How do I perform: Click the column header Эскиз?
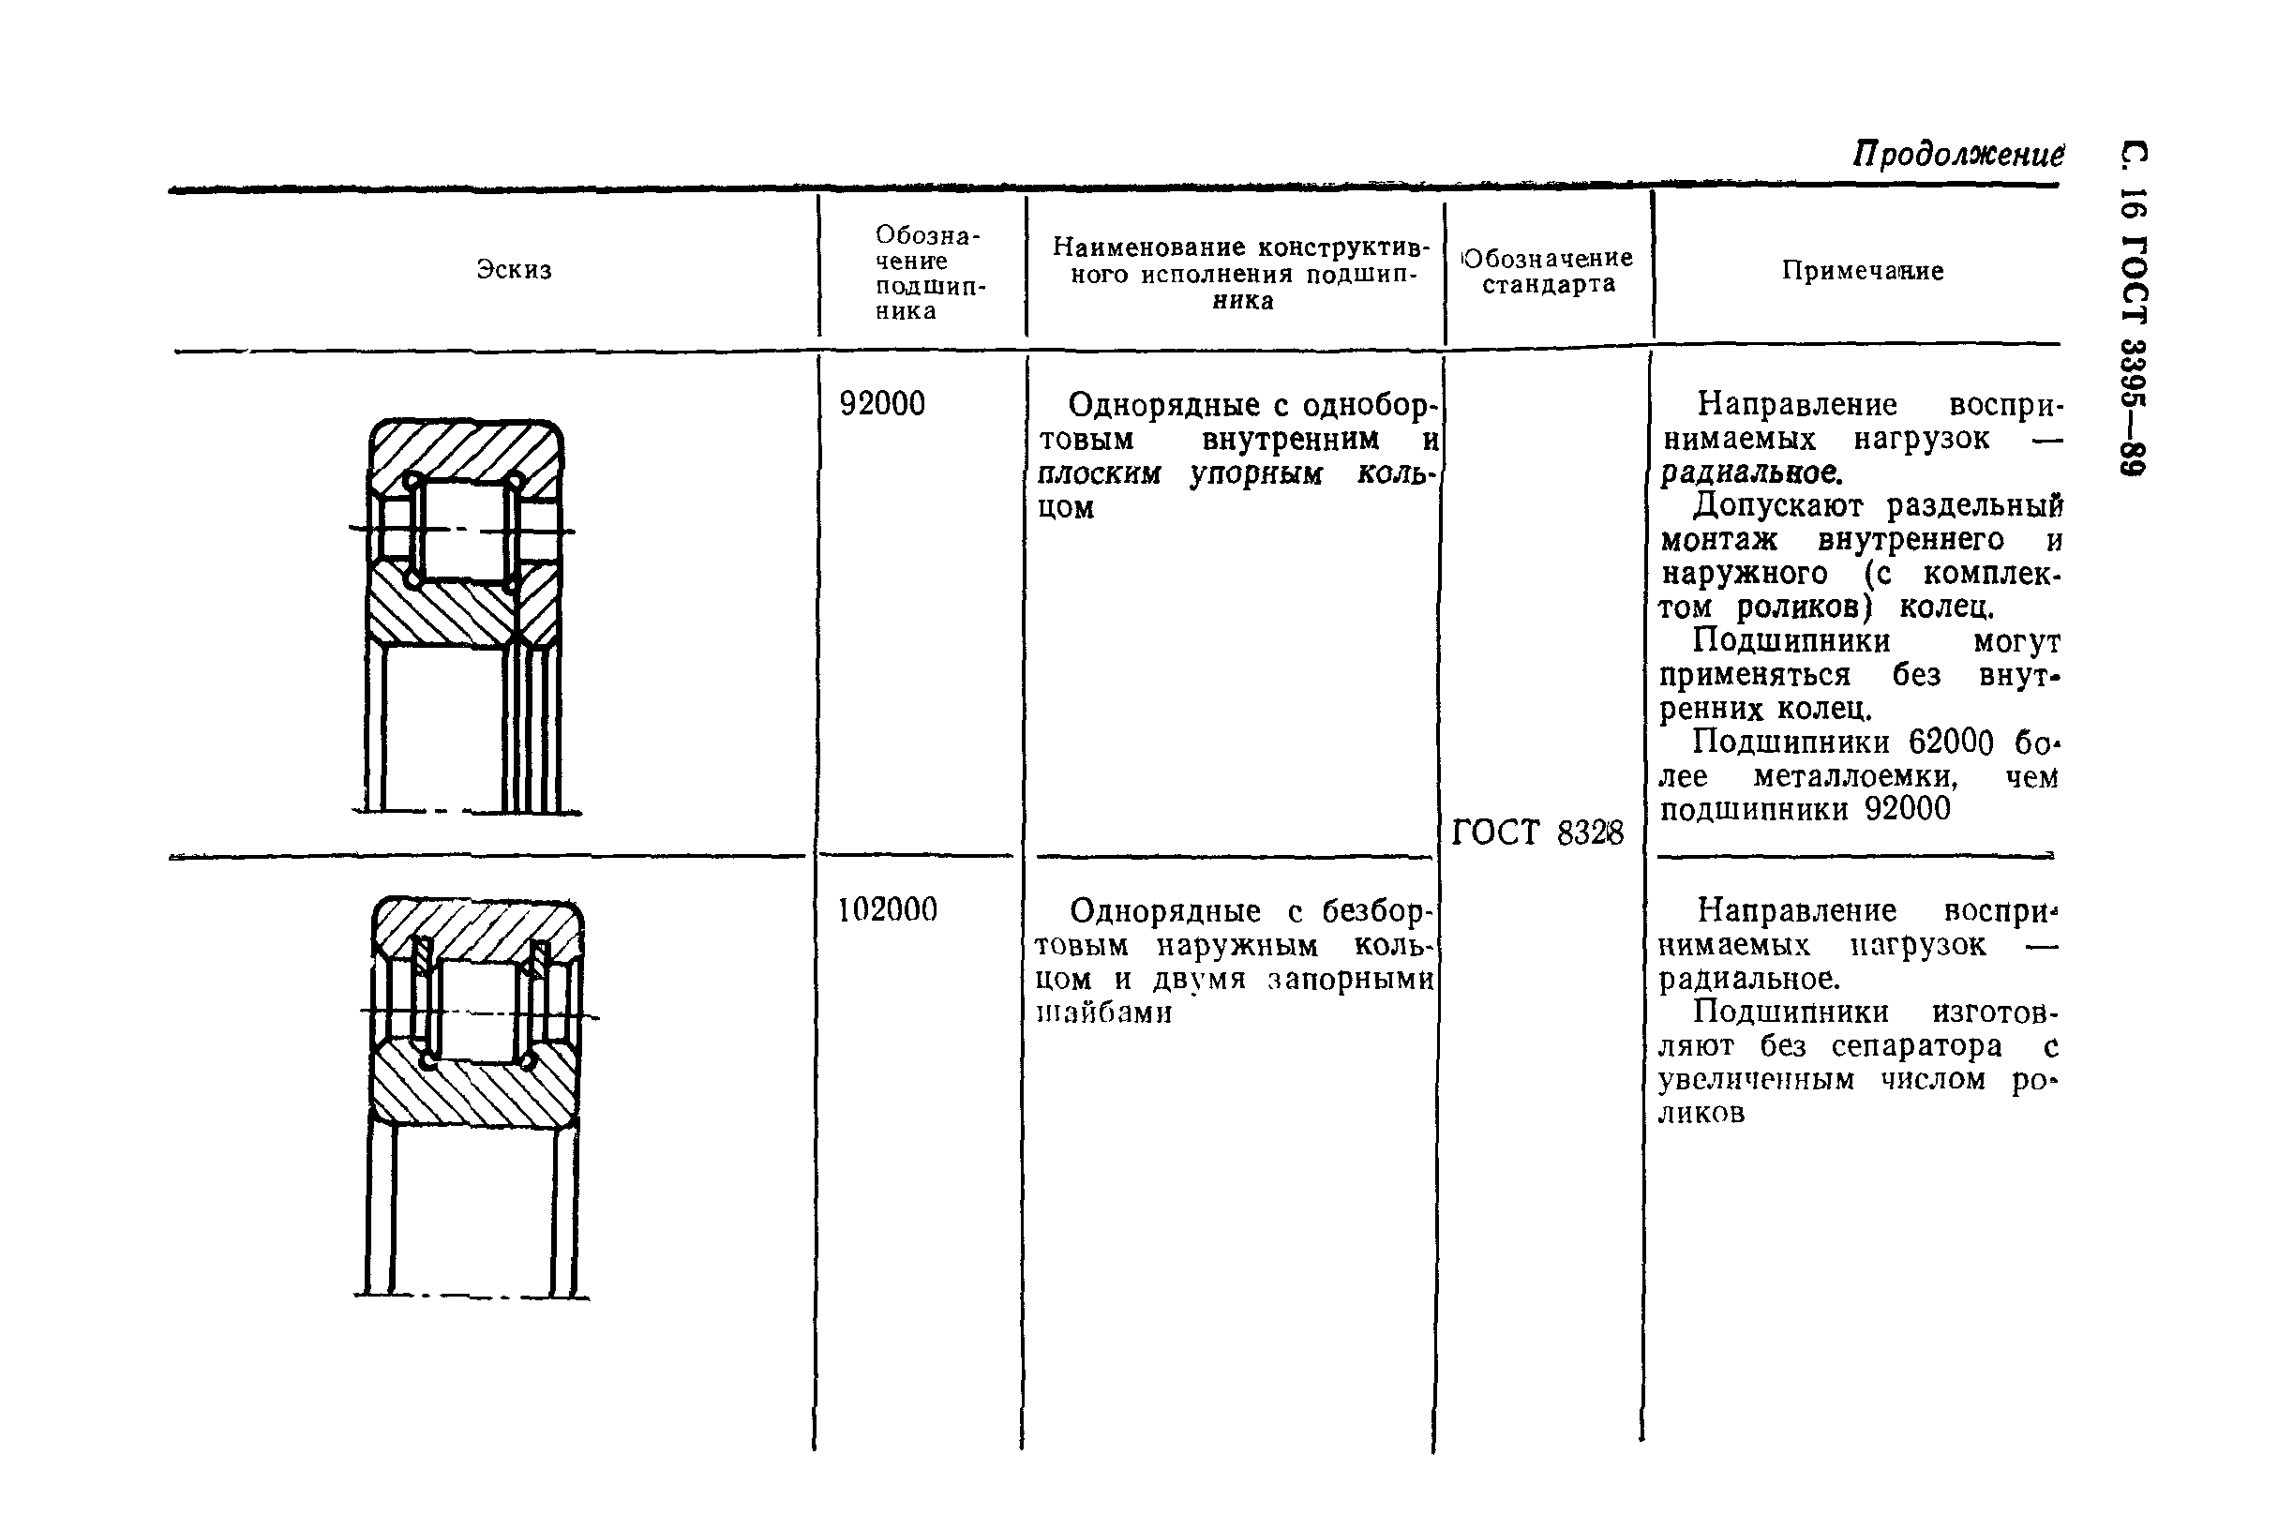tap(514, 269)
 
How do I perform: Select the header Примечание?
tap(1863, 270)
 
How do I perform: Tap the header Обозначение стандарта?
tap(1549, 271)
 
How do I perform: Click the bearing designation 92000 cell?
tap(882, 404)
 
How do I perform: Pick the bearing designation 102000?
tap(887, 909)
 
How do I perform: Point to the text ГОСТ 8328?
tap(1537, 832)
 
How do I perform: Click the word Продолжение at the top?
tap(1958, 154)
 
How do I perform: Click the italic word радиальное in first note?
tap(1750, 473)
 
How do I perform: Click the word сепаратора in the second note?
tap(1916, 1046)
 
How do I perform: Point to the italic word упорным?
tap(1256, 474)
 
